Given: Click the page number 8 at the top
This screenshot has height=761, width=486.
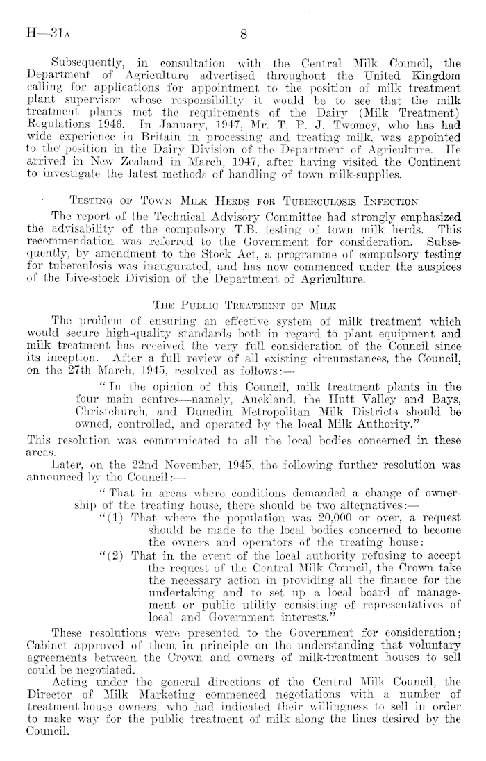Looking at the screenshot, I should pyautogui.click(x=243, y=32).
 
